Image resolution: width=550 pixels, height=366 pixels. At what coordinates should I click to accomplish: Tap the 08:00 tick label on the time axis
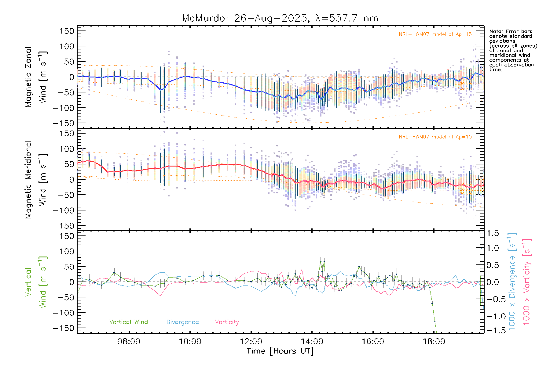pyautogui.click(x=129, y=341)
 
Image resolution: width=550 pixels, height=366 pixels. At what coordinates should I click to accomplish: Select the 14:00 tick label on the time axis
pyautogui.click(x=312, y=341)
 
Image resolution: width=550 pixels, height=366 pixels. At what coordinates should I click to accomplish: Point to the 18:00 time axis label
pyautogui.click(x=434, y=341)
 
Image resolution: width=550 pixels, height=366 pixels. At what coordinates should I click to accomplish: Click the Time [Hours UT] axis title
pyautogui.click(x=280, y=351)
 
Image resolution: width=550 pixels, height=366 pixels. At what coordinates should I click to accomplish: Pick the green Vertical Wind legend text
pyautogui.click(x=128, y=322)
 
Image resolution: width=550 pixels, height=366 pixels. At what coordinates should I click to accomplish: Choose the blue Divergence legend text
pyautogui.click(x=182, y=322)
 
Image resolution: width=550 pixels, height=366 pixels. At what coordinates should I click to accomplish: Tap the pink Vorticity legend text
pyautogui.click(x=227, y=322)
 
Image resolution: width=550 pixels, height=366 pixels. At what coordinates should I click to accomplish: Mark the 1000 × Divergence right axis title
pyautogui.click(x=512, y=282)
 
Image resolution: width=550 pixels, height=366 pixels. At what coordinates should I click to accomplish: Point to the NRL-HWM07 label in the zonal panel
pyautogui.click(x=435, y=34)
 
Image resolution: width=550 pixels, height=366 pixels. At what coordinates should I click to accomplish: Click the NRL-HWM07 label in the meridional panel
pyautogui.click(x=435, y=137)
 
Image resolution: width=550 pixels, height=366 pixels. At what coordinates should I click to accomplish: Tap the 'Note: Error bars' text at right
pyautogui.click(x=511, y=31)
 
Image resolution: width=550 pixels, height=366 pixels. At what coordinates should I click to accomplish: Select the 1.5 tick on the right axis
pyautogui.click(x=493, y=233)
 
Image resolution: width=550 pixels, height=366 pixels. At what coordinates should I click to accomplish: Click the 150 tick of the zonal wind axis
pyautogui.click(x=67, y=31)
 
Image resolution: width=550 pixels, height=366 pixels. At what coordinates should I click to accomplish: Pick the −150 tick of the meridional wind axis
pyautogui.click(x=64, y=226)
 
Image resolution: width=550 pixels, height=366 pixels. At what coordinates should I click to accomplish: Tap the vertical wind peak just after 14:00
pyautogui.click(x=321, y=261)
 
